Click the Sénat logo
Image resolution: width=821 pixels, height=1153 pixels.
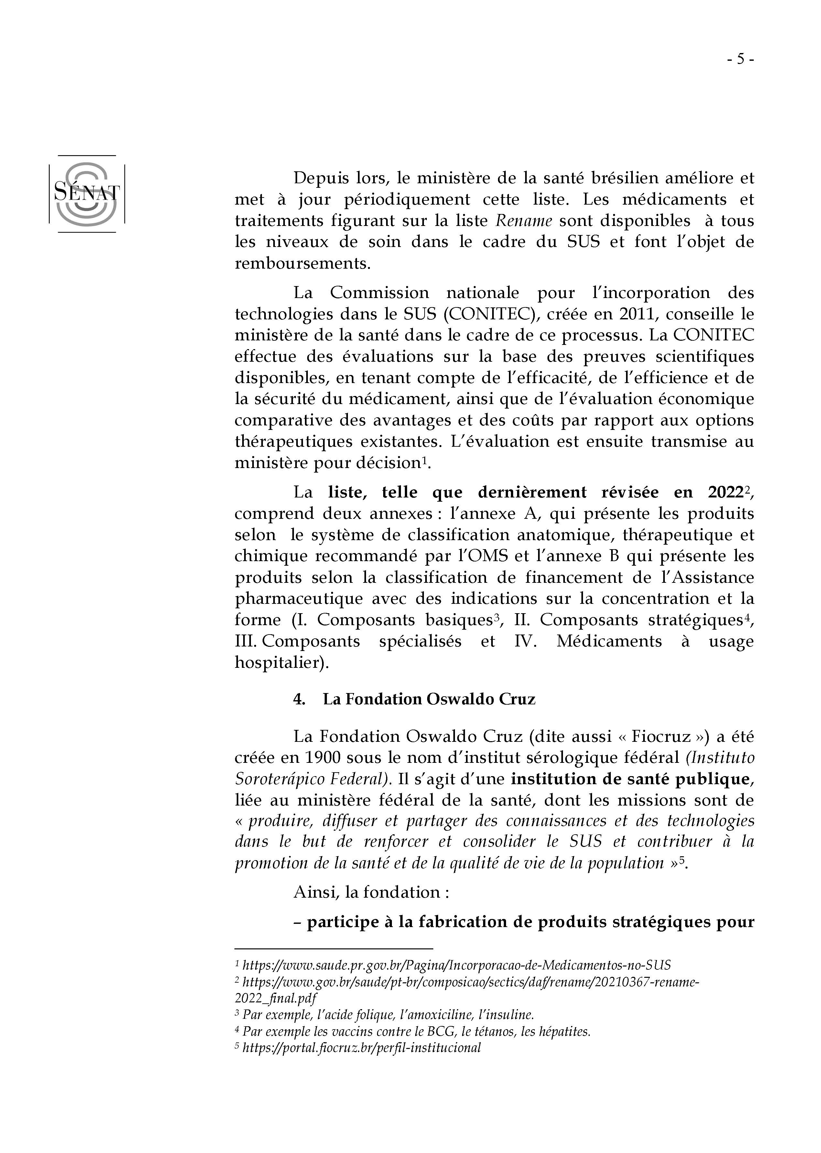(86, 194)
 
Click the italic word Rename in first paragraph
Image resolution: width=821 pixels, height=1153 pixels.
(523, 221)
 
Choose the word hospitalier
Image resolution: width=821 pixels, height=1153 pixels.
(281, 662)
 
